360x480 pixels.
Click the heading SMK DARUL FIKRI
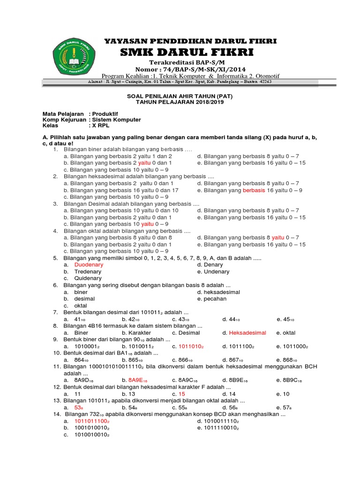tap(187, 52)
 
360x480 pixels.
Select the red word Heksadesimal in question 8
tap(247, 333)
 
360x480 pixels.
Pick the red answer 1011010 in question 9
tap(189, 346)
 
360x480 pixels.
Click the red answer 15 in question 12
tap(182, 394)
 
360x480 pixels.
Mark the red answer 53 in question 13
tap(78, 408)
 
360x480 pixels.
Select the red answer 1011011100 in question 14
tap(91, 421)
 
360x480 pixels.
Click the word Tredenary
tap(88, 271)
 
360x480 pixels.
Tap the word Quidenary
tap(88, 278)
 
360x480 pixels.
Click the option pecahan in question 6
tap(216, 299)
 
